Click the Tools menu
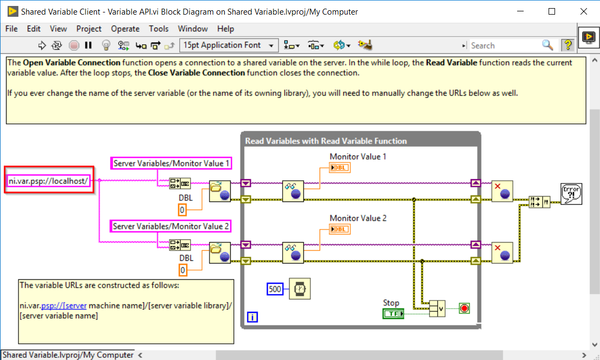[159, 29]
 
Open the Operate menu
[125, 29]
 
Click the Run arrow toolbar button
[42, 45]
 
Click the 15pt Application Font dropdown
[229, 45]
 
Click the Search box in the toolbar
[504, 45]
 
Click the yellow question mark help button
[567, 45]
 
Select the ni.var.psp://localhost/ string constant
[48, 181]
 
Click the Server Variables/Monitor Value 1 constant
[172, 163]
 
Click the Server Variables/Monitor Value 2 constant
[171, 226]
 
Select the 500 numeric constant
[275, 289]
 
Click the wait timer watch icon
[298, 289]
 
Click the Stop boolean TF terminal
[393, 314]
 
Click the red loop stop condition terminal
[464, 309]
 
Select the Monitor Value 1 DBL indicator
[340, 168]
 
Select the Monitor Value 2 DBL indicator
[340, 230]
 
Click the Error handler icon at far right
[571, 194]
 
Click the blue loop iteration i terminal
[252, 317]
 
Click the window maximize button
[552, 11]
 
